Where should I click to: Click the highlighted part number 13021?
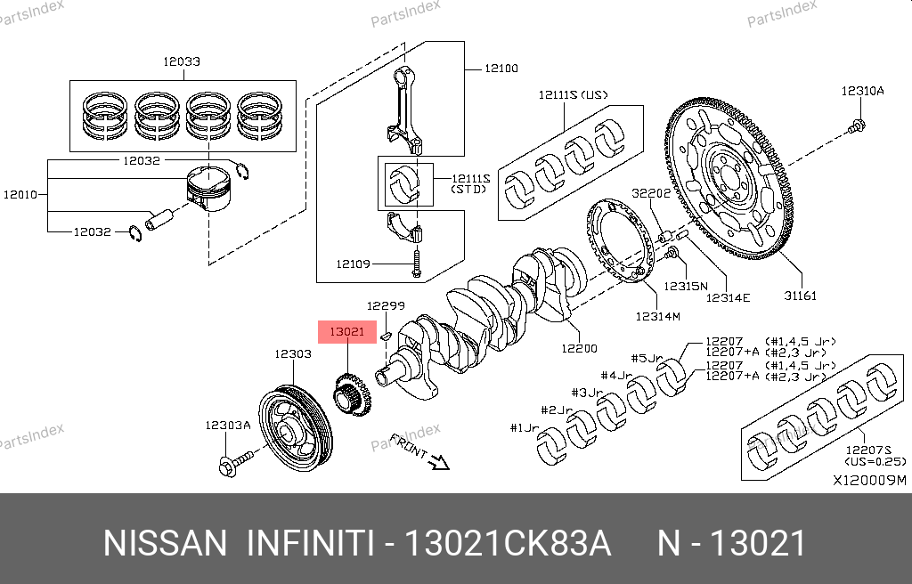[347, 332]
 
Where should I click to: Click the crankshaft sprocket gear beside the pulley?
[353, 393]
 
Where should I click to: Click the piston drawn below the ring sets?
[211, 188]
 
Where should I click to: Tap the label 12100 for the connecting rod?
[501, 68]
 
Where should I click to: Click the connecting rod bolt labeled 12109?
[416, 264]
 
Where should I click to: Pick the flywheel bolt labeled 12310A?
[857, 127]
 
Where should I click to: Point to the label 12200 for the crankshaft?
[579, 348]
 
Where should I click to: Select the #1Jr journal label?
[525, 428]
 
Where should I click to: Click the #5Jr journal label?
[647, 358]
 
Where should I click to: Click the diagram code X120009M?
[868, 481]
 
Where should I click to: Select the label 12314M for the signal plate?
[657, 316]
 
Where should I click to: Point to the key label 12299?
[386, 305]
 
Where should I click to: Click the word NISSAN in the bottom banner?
[165, 543]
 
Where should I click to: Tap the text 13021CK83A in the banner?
[508, 543]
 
